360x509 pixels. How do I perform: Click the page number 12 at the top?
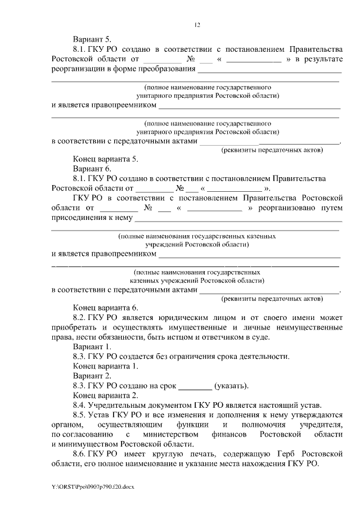(x=197, y=25)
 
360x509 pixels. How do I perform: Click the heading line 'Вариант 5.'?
(x=92, y=39)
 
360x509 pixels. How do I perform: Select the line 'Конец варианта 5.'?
(x=105, y=159)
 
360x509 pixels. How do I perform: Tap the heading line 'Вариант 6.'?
(x=92, y=169)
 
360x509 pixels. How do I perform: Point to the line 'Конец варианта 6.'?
(x=105, y=308)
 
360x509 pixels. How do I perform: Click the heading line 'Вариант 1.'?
(x=92, y=347)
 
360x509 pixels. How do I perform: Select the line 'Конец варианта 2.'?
(x=105, y=396)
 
